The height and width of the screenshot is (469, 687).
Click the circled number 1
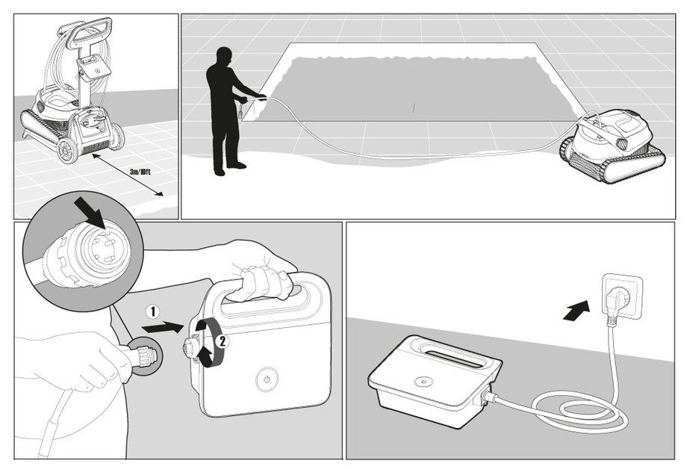click(151, 309)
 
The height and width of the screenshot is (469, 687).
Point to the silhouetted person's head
click(222, 58)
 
